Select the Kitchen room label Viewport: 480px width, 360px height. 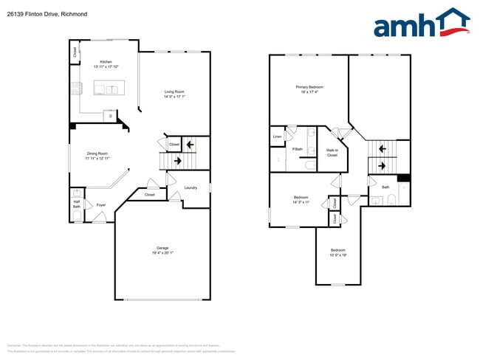click(106, 61)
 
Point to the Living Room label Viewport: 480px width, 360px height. click(174, 91)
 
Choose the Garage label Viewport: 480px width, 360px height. click(162, 248)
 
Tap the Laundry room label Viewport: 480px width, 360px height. click(191, 188)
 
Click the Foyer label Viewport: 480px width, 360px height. click(101, 205)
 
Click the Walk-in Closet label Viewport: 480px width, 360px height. click(332, 153)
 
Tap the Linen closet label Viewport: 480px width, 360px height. click(277, 136)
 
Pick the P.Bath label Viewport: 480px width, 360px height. click(298, 150)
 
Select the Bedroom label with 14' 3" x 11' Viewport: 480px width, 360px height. click(301, 197)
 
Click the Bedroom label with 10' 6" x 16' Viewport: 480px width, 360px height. click(337, 251)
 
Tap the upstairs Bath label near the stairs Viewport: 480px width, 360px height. click(385, 187)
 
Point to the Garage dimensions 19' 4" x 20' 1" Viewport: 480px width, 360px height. click(162, 253)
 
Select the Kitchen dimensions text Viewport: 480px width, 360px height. click(106, 66)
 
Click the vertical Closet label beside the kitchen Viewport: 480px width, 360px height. click(75, 52)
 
